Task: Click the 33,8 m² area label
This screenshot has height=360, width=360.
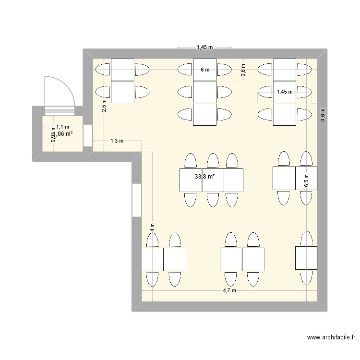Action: pos(204,177)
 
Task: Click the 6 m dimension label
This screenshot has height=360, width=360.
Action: pos(205,70)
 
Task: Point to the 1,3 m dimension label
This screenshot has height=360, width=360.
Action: pos(117,141)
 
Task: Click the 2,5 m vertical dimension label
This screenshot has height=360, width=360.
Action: pos(104,105)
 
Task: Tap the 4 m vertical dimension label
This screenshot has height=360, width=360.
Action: pos(152,228)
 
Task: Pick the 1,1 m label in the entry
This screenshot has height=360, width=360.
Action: pos(62,127)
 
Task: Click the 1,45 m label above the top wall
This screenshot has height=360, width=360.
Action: pos(204,47)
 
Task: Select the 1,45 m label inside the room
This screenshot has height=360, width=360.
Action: pos(284,92)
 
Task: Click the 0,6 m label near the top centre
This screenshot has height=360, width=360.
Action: pos(243,71)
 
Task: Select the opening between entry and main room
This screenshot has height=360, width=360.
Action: pos(87,135)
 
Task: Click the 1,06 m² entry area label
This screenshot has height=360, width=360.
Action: pos(63,134)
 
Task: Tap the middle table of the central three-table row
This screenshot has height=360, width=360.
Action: pos(213,180)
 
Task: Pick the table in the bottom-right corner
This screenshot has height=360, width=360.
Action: pos(306,257)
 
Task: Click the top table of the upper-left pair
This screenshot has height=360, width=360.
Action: pos(122,69)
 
